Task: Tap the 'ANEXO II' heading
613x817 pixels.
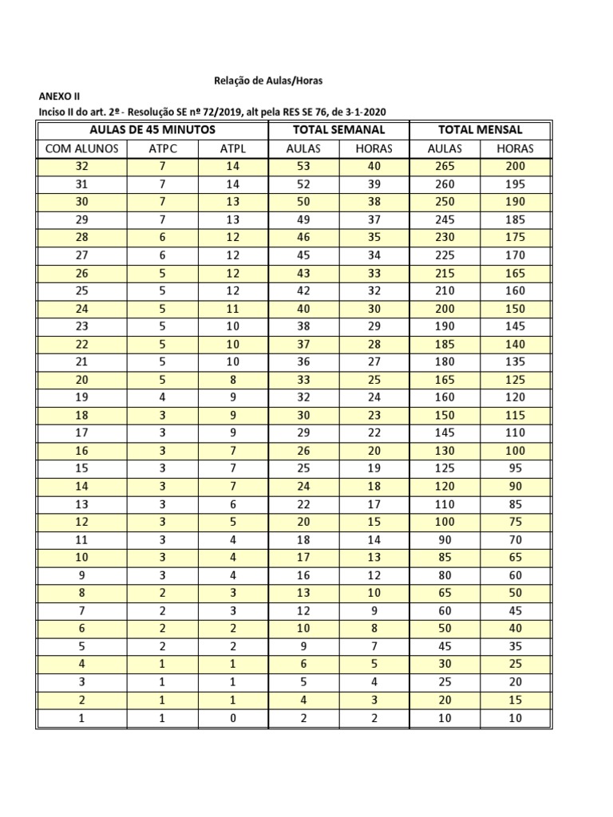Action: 60,96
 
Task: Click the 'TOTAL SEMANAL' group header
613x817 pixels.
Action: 338,129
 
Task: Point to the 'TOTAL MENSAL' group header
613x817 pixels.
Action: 480,129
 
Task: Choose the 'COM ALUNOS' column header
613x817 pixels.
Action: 81,148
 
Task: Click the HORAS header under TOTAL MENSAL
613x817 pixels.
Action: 515,148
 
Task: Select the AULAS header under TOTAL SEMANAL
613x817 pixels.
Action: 303,148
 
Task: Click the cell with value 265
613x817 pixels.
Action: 445,166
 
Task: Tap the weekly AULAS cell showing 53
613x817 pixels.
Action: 303,166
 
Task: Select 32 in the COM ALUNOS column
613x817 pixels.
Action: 81,166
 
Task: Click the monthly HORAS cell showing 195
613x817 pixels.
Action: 515,184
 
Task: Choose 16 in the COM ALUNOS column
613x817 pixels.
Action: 81,451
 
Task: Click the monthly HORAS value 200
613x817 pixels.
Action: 515,166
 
